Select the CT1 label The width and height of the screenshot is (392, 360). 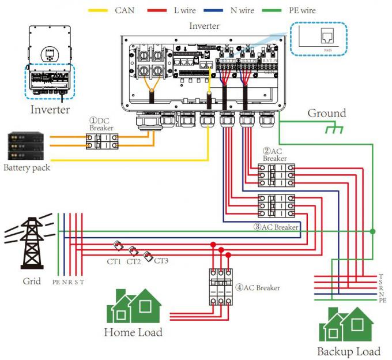coord(113,261)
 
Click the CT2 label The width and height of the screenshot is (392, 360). coord(134,261)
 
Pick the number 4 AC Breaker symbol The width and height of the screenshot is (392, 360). coord(220,286)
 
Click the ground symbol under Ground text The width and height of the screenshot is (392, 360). coord(333,129)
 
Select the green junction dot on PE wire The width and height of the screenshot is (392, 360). coord(373,231)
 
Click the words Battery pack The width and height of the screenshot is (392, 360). coord(26,168)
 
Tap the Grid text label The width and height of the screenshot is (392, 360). coord(32,282)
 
